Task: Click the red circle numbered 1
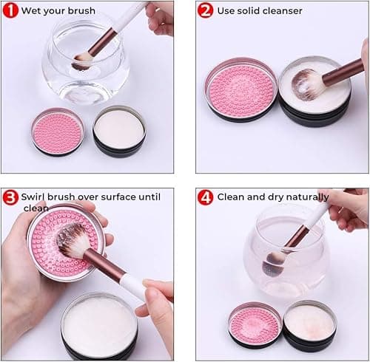coord(10,10)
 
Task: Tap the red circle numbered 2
coord(206,10)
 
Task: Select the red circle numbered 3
coord(10,197)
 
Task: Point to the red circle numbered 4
coord(206,197)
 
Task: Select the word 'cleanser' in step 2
coord(282,10)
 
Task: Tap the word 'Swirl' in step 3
coord(34,197)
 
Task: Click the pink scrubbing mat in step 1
coord(58,132)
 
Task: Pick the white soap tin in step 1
coord(118,130)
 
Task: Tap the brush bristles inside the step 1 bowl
coord(83,60)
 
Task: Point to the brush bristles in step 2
coord(309,83)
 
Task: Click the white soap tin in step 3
coord(99,324)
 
